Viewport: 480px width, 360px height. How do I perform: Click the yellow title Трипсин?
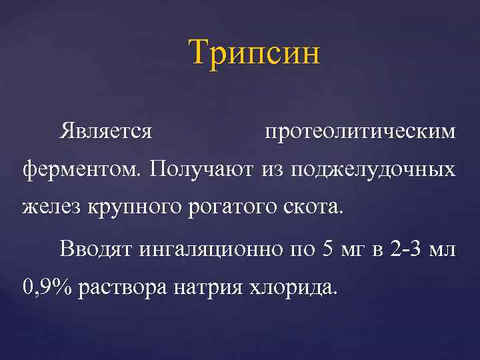tap(254, 52)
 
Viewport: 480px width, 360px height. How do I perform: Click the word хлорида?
tap(293, 289)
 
